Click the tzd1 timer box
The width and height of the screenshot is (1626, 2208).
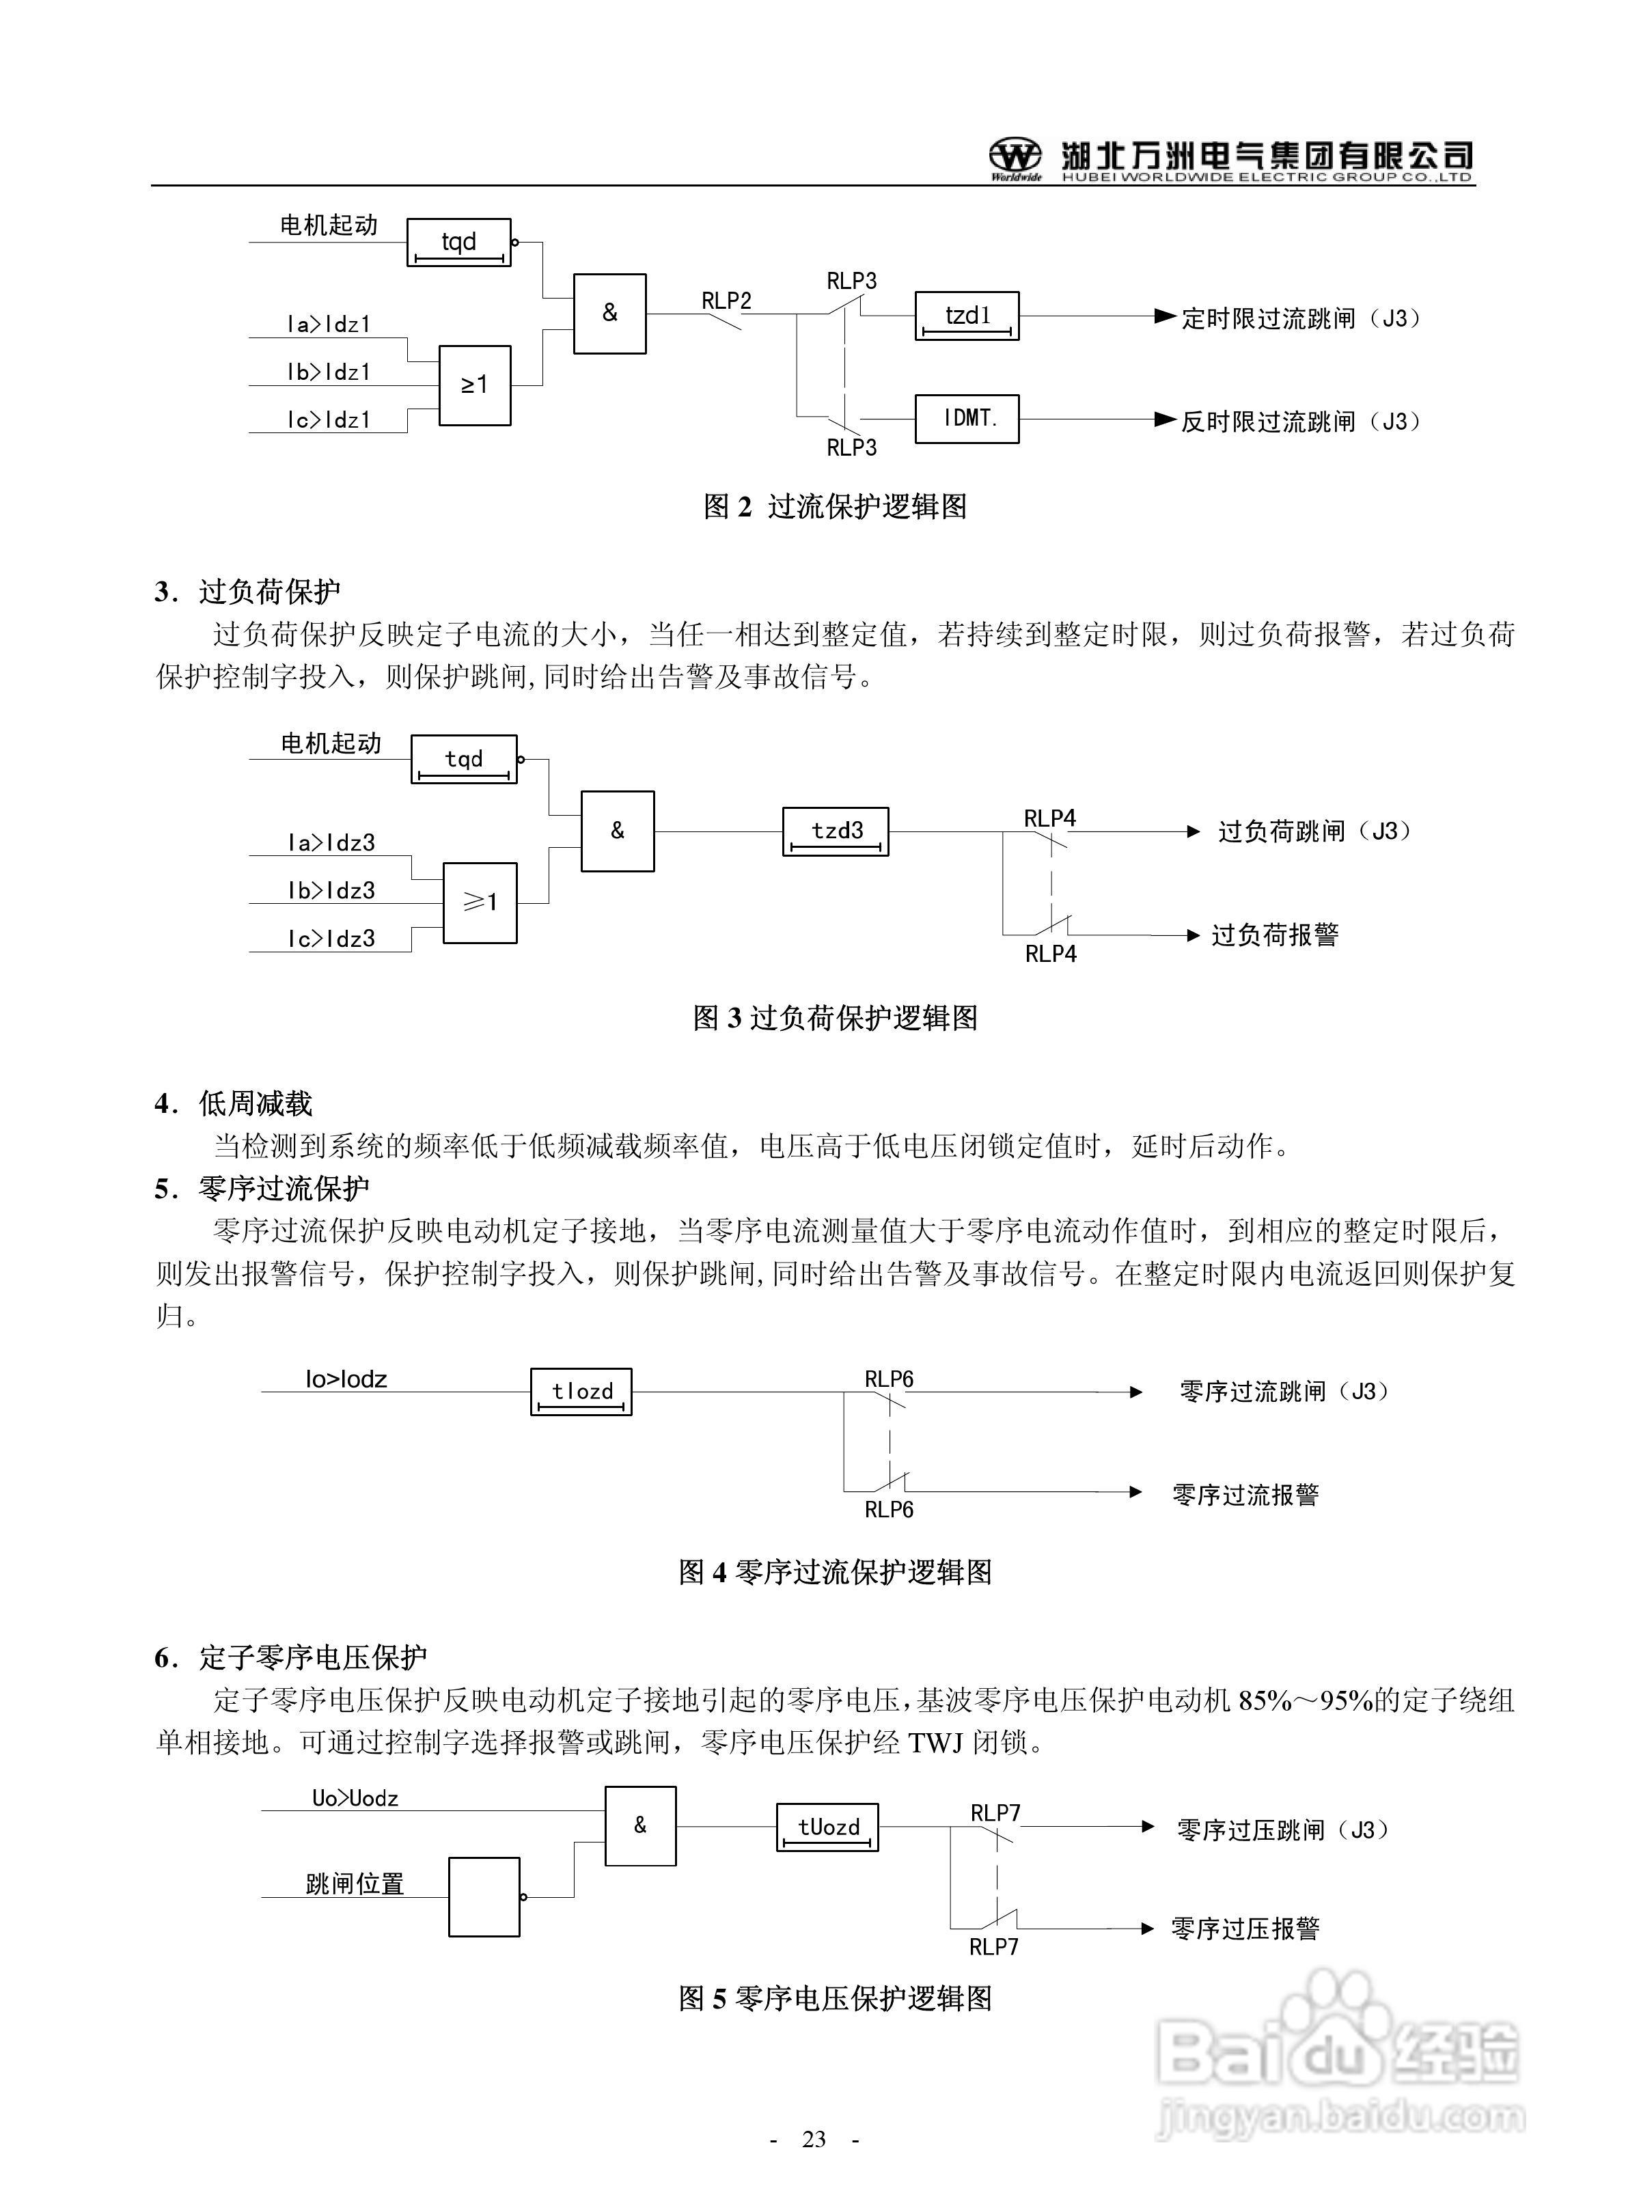[x=967, y=316]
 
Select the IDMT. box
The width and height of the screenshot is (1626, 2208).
[x=967, y=419]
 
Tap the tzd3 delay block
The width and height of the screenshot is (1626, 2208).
[x=836, y=831]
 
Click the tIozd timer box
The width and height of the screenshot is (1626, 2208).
[x=581, y=1392]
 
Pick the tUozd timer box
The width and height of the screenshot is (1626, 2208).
[x=827, y=1827]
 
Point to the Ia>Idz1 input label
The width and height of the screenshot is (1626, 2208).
[x=329, y=324]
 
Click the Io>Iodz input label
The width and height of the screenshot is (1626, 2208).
[x=346, y=1379]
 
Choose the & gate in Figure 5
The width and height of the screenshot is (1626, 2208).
[x=639, y=1826]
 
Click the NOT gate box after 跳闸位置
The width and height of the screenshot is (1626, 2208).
[x=484, y=1897]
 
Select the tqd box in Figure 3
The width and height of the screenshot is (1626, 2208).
[x=464, y=758]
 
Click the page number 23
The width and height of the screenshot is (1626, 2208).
[x=814, y=2139]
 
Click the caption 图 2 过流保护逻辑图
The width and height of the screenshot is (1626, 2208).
[x=835, y=507]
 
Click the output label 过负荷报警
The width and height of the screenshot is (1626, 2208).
[x=1275, y=935]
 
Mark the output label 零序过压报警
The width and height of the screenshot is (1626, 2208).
[x=1245, y=1929]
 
